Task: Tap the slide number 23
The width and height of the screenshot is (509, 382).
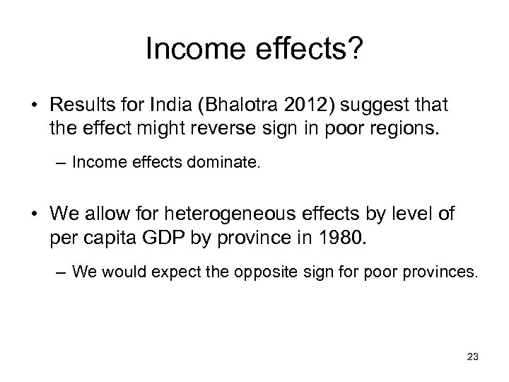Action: (x=472, y=357)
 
